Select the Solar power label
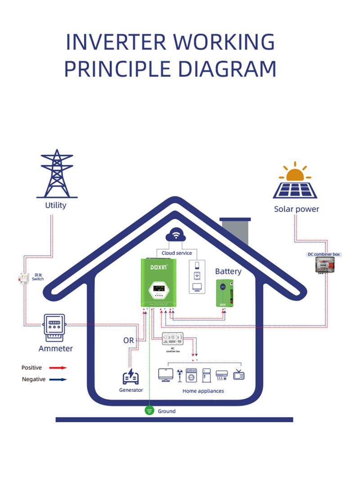pos(297,209)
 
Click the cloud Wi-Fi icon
pos(177,236)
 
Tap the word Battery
pos(228,272)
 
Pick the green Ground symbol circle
pos(149,411)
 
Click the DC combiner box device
pos(324,265)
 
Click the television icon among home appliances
pos(238,375)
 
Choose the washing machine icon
pos(192,375)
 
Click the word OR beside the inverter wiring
pos(129,340)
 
